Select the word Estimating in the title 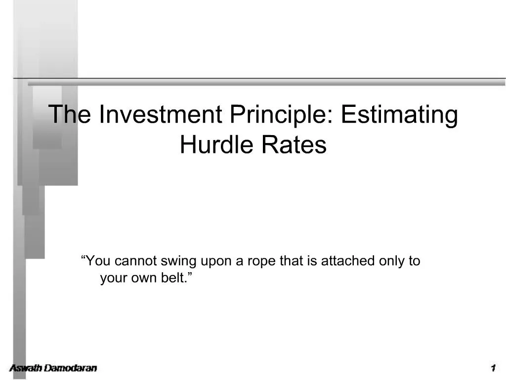click(x=399, y=115)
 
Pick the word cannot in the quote click(x=140, y=261)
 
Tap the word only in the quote click(x=392, y=261)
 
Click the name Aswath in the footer click(x=26, y=368)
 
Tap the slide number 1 click(x=493, y=368)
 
